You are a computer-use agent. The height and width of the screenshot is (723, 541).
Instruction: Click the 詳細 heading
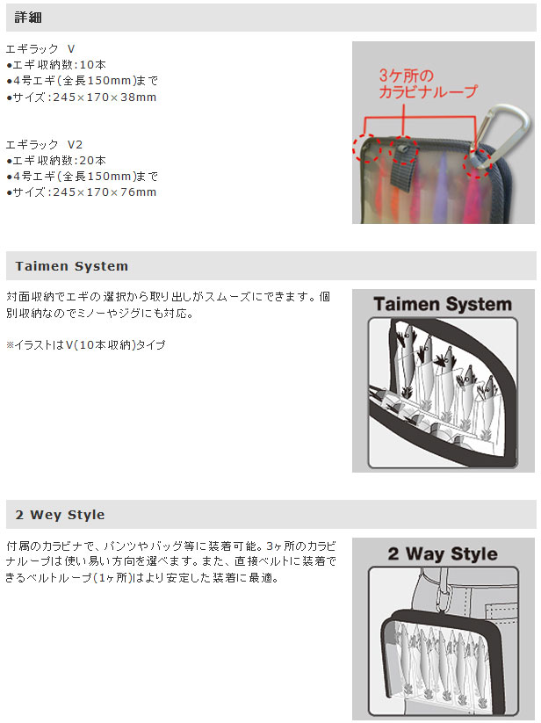point(28,18)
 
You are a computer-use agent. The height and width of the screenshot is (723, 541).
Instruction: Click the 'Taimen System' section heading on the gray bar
point(72,266)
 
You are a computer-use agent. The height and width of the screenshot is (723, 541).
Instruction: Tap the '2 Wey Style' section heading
point(60,515)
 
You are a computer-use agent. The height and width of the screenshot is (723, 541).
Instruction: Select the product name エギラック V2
point(44,144)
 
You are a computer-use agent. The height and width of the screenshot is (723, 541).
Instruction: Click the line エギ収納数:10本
point(56,64)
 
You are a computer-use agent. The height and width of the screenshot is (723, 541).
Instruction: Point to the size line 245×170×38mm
point(81,97)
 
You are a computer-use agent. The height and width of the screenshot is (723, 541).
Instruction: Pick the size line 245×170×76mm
point(81,192)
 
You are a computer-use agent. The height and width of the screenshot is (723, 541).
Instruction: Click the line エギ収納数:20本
point(56,161)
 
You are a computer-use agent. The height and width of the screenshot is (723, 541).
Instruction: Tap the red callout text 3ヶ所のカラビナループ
point(428,83)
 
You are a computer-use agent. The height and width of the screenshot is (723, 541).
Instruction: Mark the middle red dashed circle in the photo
point(403,150)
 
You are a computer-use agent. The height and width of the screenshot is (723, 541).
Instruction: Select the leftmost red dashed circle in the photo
point(367,148)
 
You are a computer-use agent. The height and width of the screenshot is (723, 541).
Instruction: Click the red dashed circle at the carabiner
point(479,162)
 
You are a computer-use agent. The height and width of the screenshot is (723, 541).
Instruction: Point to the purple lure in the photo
point(443,184)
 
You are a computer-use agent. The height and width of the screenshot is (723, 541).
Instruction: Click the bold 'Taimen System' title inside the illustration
point(443,304)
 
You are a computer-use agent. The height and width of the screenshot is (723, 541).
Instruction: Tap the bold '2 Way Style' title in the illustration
point(443,553)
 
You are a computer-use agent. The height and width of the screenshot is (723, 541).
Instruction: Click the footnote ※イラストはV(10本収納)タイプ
point(86,345)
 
